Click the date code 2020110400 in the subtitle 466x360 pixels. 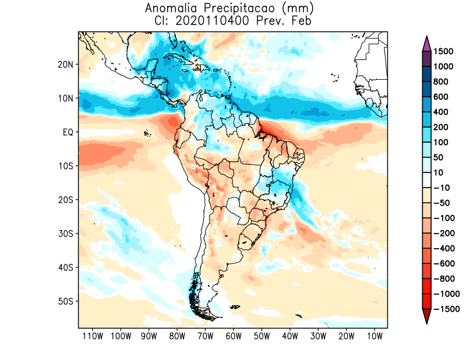(203, 20)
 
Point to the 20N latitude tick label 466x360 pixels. (66, 65)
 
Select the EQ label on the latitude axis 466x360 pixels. (68, 132)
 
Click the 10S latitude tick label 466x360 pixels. (66, 166)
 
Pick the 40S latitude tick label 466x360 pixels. (66, 267)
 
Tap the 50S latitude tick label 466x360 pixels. (66, 301)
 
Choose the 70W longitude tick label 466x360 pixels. (205, 336)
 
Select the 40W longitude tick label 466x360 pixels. (290, 336)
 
